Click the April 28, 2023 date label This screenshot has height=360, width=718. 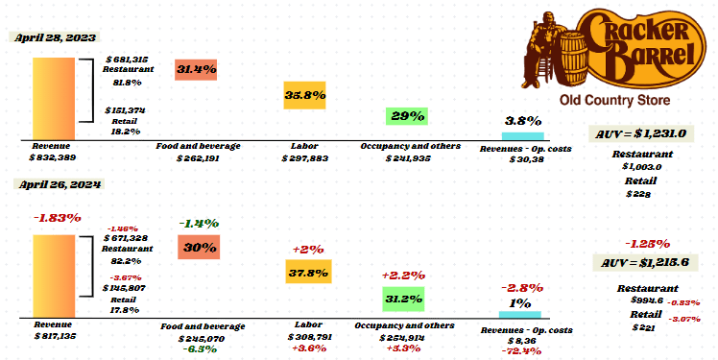pos(56,36)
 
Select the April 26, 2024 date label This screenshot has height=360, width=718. pos(56,182)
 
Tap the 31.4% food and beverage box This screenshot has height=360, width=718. pos(196,69)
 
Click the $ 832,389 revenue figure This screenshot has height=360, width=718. pos(53,156)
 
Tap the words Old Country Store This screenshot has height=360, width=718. pos(614,101)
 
